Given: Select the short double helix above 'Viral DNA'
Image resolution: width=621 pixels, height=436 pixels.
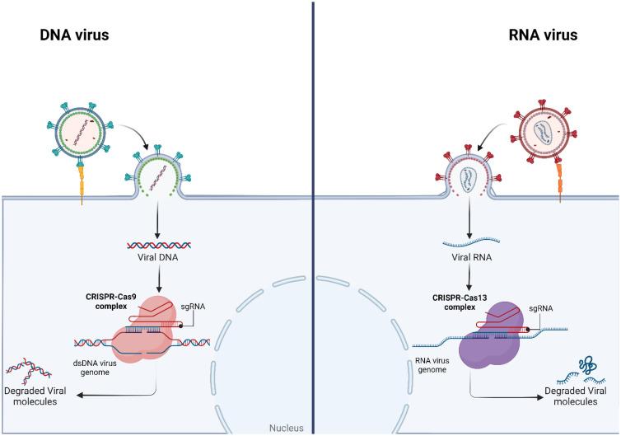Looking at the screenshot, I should (x=158, y=245).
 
